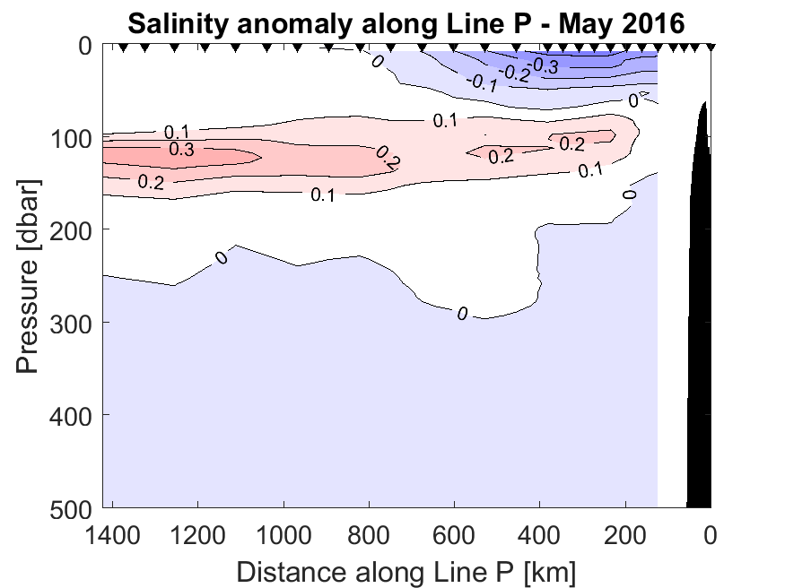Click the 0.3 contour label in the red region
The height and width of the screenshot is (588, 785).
(180, 150)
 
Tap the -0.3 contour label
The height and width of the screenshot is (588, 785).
(545, 65)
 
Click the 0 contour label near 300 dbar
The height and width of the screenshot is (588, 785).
(462, 313)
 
